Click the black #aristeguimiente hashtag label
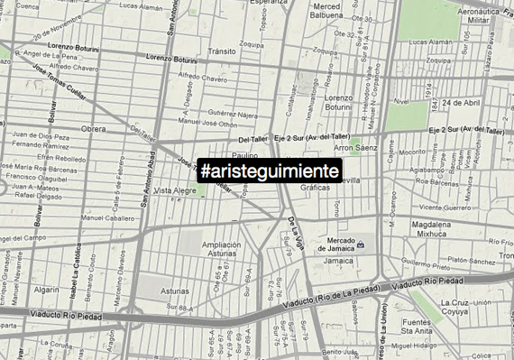(x=270, y=170)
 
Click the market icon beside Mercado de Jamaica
(x=360, y=245)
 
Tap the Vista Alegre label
(x=175, y=191)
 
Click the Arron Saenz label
(x=356, y=147)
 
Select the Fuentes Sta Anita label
(x=420, y=328)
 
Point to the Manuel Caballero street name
(x=106, y=217)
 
